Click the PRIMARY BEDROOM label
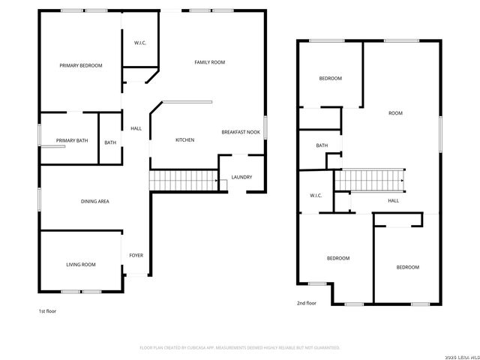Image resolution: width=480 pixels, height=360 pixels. pyautogui.click(x=81, y=66)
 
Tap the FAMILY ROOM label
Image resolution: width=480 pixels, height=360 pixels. pyautogui.click(x=210, y=62)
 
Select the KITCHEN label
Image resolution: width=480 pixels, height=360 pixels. pyautogui.click(x=185, y=140)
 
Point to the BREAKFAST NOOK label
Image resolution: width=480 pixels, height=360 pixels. pyautogui.click(x=241, y=132)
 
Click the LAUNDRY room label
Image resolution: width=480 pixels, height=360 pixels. pyautogui.click(x=241, y=177)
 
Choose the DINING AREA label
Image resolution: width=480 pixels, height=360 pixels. pyautogui.click(x=95, y=202)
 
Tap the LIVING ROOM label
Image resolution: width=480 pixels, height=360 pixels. pyautogui.click(x=81, y=265)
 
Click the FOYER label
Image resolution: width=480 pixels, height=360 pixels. pyautogui.click(x=136, y=256)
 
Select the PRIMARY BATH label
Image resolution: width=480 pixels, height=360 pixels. pyautogui.click(x=72, y=141)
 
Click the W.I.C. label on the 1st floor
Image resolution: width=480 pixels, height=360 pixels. pyautogui.click(x=140, y=43)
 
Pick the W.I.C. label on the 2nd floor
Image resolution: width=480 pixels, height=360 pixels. pyautogui.click(x=316, y=196)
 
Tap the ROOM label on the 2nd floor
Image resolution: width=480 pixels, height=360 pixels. pyautogui.click(x=395, y=113)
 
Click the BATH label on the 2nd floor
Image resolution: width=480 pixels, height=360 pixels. pyautogui.click(x=322, y=145)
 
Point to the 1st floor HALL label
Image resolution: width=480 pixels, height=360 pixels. pyautogui.click(x=136, y=128)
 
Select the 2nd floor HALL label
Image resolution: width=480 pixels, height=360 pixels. pyautogui.click(x=393, y=201)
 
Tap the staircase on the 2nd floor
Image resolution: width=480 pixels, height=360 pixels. pyautogui.click(x=369, y=181)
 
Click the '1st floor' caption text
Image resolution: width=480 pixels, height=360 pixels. pyautogui.click(x=46, y=310)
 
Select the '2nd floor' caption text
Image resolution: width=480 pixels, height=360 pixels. pyautogui.click(x=306, y=303)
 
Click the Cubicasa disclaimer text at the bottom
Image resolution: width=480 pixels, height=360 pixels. pyautogui.click(x=240, y=347)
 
